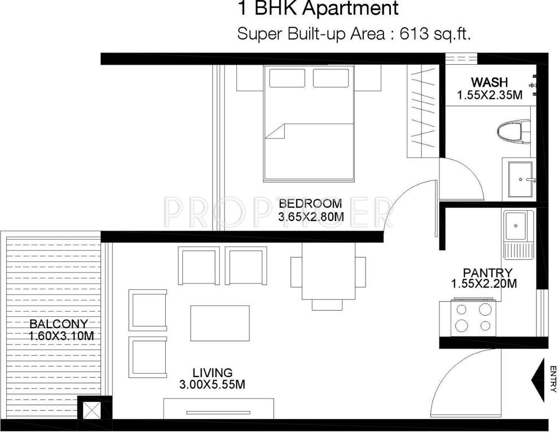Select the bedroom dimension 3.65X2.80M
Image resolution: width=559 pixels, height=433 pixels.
click(x=311, y=216)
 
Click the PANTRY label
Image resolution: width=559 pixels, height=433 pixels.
click(x=484, y=273)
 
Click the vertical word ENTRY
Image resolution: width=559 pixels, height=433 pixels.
click(x=553, y=379)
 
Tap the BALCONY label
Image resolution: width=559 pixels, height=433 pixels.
click(x=59, y=324)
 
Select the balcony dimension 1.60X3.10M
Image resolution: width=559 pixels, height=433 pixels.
click(x=61, y=336)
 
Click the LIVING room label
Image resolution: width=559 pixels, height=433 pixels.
click(x=212, y=373)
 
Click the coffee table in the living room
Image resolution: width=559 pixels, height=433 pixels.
click(x=220, y=323)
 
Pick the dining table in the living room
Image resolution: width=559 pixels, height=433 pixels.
click(x=328, y=271)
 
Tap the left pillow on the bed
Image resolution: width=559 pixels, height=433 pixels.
click(x=287, y=78)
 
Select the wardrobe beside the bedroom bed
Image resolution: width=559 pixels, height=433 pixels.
click(x=422, y=112)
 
